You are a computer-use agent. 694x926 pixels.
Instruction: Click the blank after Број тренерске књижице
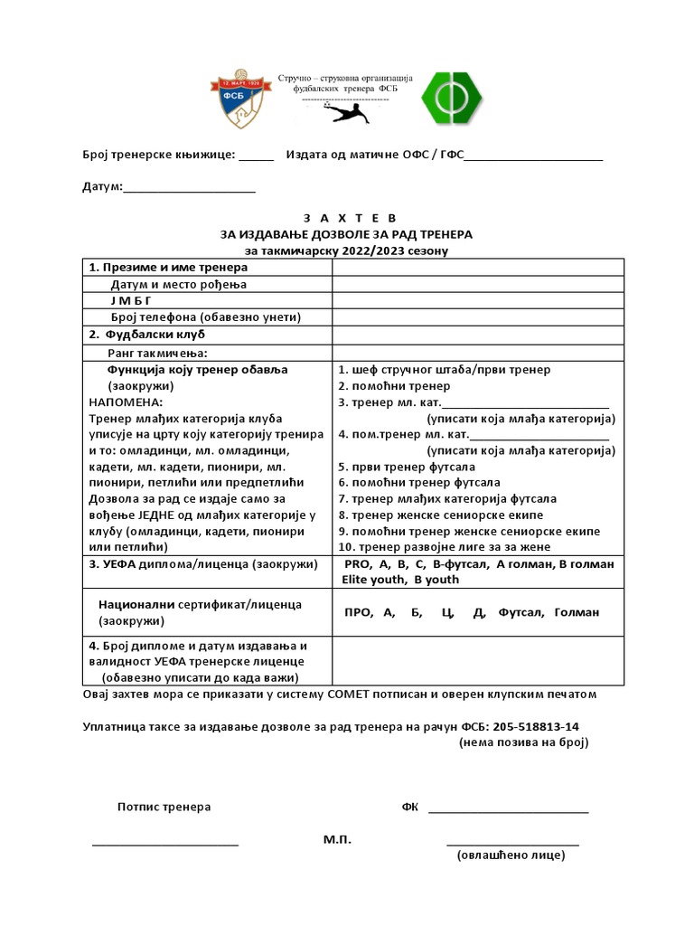[x=257, y=155]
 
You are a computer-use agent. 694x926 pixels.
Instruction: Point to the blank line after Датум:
[x=189, y=189]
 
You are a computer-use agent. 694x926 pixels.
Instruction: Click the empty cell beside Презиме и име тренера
[x=477, y=268]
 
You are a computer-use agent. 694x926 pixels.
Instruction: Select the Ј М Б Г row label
[x=132, y=300]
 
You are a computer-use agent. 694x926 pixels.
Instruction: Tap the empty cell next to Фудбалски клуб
[x=477, y=334]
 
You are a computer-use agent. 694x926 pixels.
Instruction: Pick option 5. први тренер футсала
[x=406, y=468]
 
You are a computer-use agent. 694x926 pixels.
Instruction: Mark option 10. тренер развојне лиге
[x=444, y=546]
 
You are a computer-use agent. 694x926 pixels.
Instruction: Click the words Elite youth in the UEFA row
[x=370, y=580]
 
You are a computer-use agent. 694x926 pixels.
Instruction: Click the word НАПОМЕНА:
[x=126, y=402]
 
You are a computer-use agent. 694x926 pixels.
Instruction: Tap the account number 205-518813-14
[x=532, y=726]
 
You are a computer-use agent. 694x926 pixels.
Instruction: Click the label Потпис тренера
[x=164, y=807]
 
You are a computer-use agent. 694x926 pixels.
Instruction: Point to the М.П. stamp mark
[x=337, y=839]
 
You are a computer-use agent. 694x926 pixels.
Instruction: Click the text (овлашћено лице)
[x=511, y=855]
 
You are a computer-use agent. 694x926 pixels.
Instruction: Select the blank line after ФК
[x=508, y=808]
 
